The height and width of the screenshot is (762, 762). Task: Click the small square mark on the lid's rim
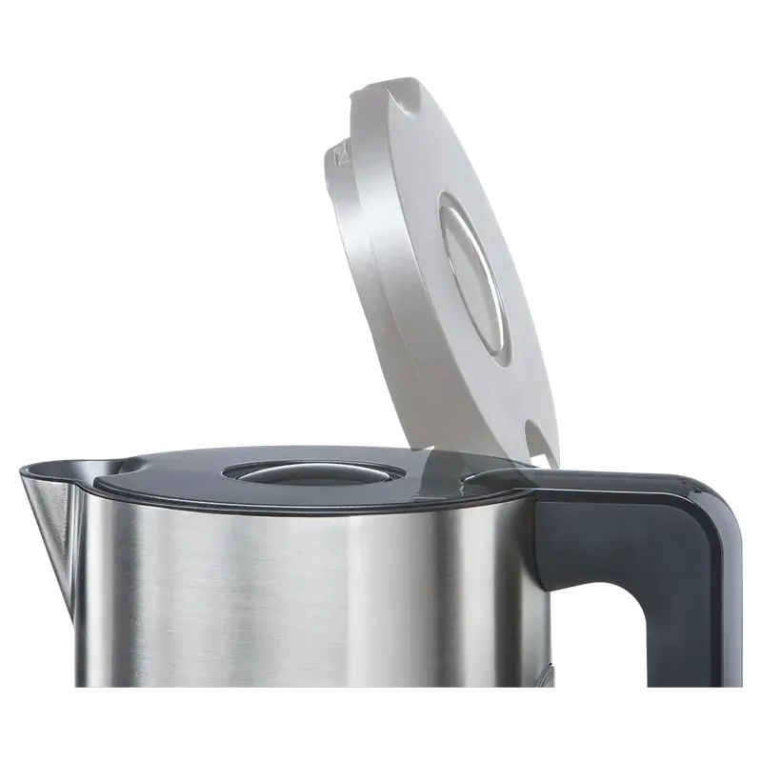[334, 150]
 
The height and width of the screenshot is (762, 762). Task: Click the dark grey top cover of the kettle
[190, 476]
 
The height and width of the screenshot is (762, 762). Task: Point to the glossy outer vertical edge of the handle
[732, 610]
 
